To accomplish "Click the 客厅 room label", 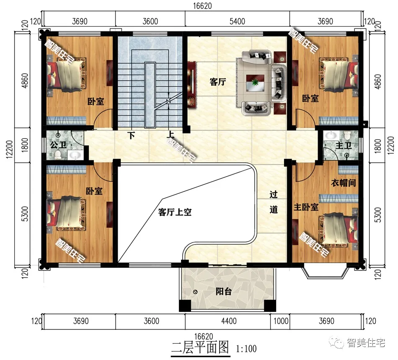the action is coord(218,82).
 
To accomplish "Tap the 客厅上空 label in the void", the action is coord(175,212).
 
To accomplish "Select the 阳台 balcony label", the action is coord(224,291).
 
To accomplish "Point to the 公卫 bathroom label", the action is coord(58,145).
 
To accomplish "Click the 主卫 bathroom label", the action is coord(344,146).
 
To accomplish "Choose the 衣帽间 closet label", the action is coord(344,183).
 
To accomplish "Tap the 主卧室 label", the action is coord(306,207).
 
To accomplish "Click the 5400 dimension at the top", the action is coord(237,21).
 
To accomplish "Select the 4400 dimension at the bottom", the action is coord(229,321).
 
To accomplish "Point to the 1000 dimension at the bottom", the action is coord(281,321).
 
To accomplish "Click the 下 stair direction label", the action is coord(131,136).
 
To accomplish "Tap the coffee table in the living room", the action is coord(256,82).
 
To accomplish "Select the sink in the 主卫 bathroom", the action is coord(331,135).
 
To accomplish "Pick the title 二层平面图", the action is coord(200,347).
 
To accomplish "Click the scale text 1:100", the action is coord(246,349).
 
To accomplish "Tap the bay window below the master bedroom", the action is coord(326,271).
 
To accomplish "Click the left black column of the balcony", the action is coord(185,306).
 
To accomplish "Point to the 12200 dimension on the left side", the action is coord(9,149).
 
